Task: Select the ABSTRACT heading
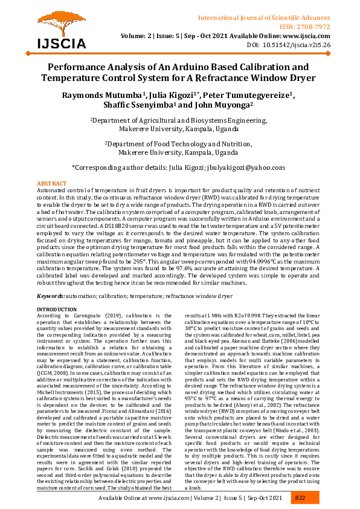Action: pos(52,183)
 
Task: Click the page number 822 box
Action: pos(300,498)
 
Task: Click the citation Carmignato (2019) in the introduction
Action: pos(96,316)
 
